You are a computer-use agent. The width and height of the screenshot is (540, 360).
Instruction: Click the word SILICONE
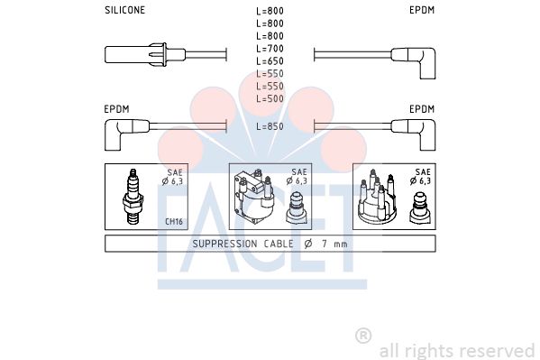point(125,10)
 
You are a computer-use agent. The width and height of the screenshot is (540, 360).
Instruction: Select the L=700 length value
point(270,49)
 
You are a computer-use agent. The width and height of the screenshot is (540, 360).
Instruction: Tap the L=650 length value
point(270,61)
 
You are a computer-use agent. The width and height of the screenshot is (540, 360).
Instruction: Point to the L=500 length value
point(270,98)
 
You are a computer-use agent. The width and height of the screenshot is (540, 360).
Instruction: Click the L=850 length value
point(270,126)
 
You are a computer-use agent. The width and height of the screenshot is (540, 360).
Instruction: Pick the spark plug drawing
point(133,196)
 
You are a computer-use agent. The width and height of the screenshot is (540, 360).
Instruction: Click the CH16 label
point(174,221)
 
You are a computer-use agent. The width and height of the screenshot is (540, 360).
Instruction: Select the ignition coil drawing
point(254,195)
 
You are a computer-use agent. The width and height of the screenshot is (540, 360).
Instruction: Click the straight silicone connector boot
point(145,55)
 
